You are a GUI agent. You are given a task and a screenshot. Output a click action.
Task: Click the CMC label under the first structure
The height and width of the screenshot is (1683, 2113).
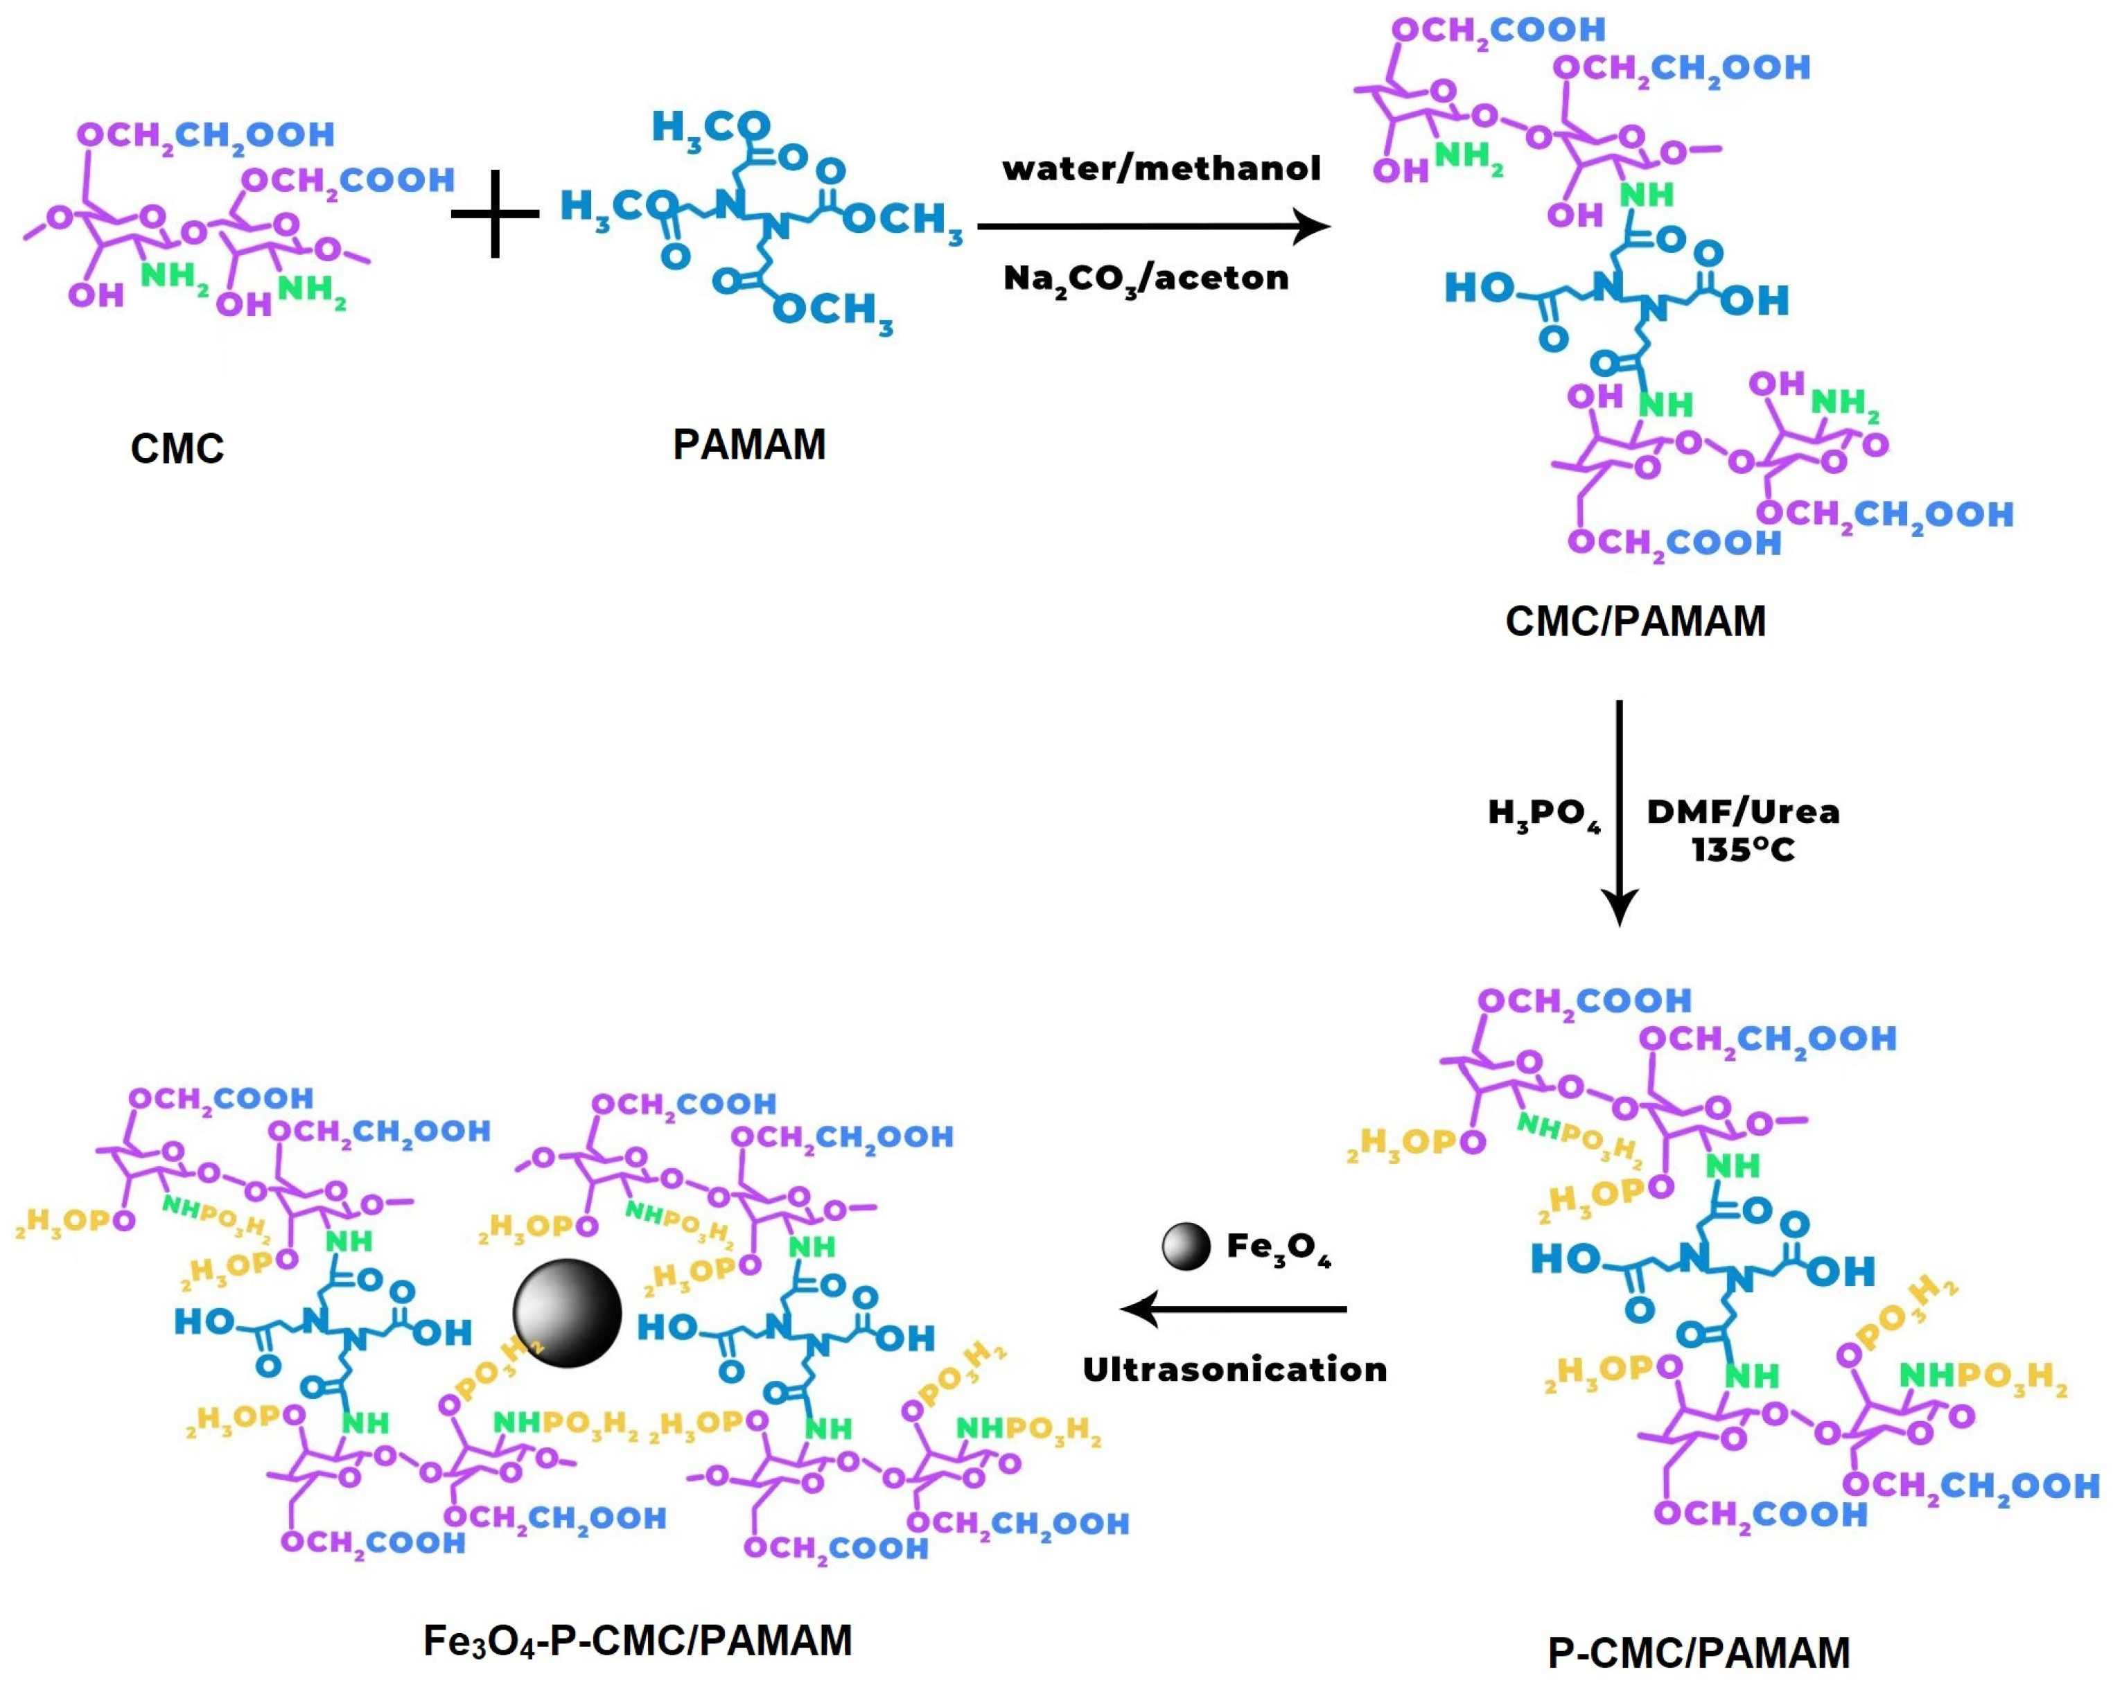177,449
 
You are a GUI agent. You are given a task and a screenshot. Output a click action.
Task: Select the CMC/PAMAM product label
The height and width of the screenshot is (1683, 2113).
1635,621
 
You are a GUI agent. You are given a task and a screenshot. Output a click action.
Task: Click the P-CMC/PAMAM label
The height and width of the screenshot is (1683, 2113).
1699,1653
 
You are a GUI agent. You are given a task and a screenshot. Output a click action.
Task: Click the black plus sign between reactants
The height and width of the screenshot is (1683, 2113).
495,213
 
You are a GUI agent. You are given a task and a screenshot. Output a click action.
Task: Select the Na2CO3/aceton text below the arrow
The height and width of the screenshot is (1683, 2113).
1146,279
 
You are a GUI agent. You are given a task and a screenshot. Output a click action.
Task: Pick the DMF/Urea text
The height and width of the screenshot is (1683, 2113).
1742,811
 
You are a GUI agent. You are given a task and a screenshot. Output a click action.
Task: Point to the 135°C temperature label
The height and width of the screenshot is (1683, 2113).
1742,849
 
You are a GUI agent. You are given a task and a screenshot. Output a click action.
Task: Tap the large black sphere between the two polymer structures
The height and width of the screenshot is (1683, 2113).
566,1313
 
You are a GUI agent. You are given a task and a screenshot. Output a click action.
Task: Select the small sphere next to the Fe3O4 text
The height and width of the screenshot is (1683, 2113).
1186,1247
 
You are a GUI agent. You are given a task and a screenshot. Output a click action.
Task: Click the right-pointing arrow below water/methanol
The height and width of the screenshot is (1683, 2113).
1154,227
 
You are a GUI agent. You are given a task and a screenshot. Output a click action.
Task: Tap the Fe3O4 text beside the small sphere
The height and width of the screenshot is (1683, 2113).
1278,1248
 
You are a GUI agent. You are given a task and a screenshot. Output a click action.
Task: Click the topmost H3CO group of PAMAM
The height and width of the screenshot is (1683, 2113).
710,128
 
